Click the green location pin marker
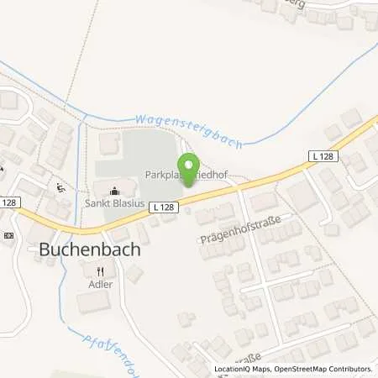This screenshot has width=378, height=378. tap(188, 160)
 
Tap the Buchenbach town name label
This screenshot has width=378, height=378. tap(88, 249)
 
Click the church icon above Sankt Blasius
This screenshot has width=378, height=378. tap(113, 189)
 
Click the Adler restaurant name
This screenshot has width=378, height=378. tap(100, 284)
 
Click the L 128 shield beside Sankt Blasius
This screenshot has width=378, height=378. tap(163, 206)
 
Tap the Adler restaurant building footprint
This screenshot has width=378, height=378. tap(94, 301)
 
